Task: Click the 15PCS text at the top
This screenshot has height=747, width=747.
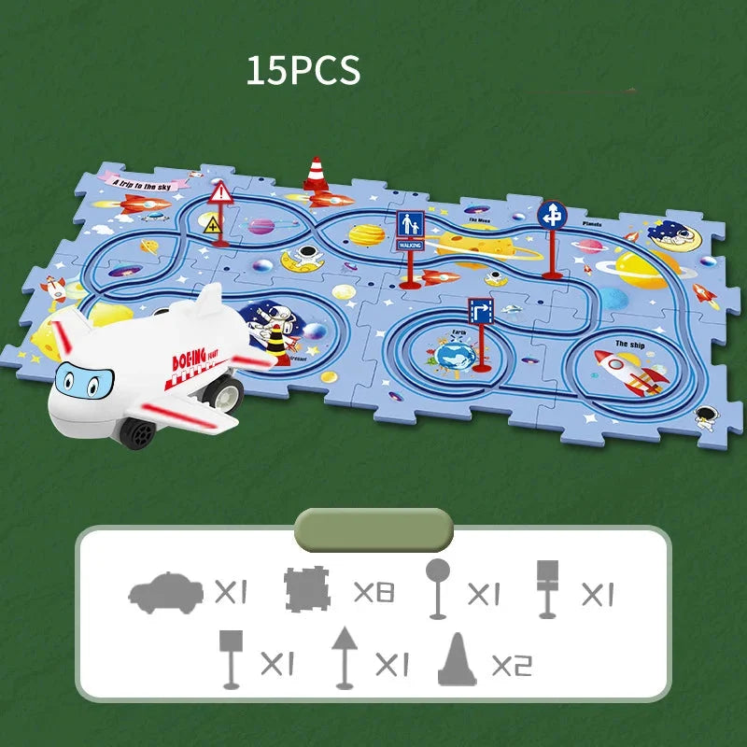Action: pyautogui.click(x=303, y=72)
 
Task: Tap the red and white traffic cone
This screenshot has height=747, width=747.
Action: pyautogui.click(x=316, y=175)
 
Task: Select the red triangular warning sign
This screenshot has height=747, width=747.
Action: pyautogui.click(x=221, y=194)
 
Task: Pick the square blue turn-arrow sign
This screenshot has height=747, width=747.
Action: pyautogui.click(x=481, y=311)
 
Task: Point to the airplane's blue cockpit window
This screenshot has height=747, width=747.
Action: pyautogui.click(x=80, y=380)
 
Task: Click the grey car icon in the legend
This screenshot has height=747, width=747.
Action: pyautogui.click(x=165, y=592)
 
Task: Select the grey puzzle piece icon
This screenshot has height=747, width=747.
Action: pyautogui.click(x=308, y=590)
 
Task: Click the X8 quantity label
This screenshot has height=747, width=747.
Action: pyautogui.click(x=373, y=592)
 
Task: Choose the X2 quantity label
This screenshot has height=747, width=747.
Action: pyautogui.click(x=511, y=664)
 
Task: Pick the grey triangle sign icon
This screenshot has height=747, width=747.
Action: pyautogui.click(x=344, y=657)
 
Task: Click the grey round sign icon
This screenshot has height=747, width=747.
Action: pyautogui.click(x=437, y=589)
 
